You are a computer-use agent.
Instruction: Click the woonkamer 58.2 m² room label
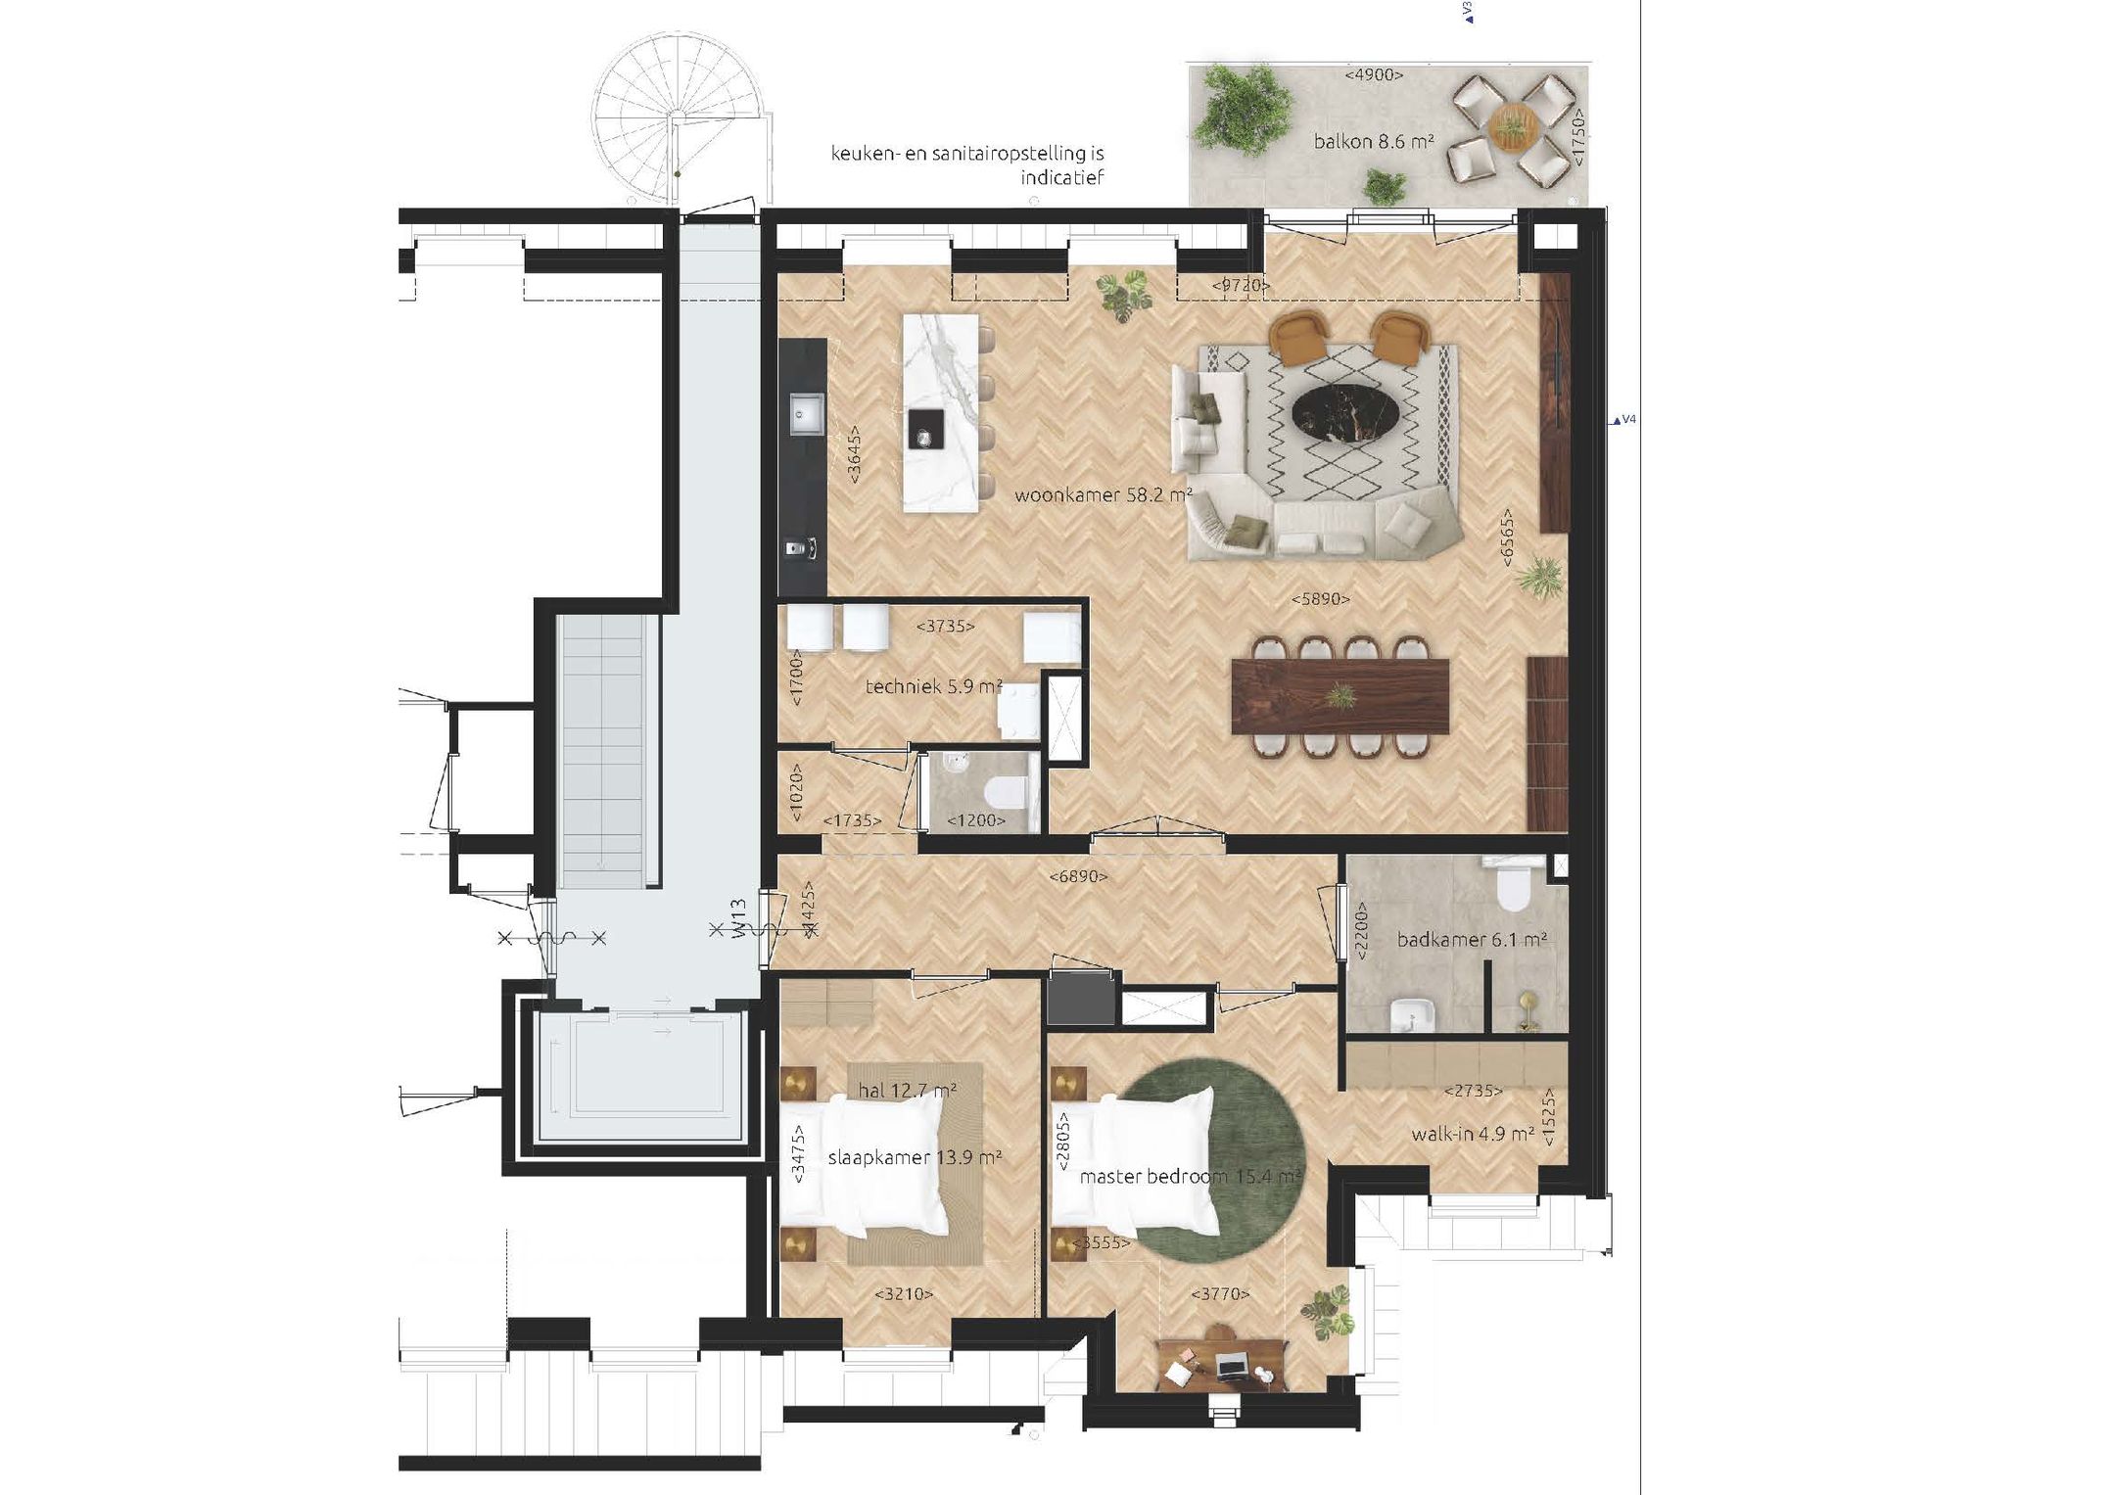click(x=1103, y=495)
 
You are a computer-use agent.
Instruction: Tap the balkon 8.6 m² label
click(x=1373, y=142)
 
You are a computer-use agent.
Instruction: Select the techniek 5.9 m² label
click(x=933, y=687)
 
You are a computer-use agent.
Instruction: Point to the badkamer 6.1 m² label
click(x=1471, y=940)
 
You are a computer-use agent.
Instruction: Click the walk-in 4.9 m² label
click(x=1472, y=1135)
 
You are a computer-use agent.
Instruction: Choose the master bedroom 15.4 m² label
click(x=1190, y=1176)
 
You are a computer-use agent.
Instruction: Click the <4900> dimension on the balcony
click(x=1374, y=74)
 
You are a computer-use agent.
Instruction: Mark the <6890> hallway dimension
click(x=1077, y=877)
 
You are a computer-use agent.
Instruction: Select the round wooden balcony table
click(x=1513, y=126)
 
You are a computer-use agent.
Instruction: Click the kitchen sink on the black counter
click(x=807, y=412)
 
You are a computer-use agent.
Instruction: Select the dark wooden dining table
click(x=1340, y=695)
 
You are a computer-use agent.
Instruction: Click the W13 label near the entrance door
click(x=740, y=919)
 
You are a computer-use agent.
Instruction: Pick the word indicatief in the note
click(x=1061, y=177)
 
